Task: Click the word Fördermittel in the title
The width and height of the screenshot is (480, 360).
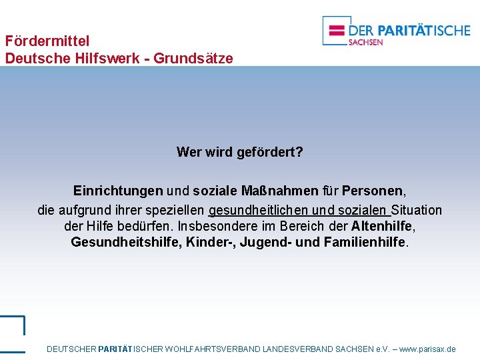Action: (47, 41)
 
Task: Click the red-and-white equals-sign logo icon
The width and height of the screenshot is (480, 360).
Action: (337, 30)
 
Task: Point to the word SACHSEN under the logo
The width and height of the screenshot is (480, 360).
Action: (365, 43)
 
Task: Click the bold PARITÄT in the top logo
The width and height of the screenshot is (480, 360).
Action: (407, 30)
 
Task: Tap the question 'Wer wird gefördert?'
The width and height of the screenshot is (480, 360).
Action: (239, 152)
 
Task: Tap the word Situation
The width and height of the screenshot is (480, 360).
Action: (417, 210)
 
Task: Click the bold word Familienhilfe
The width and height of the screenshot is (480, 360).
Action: (365, 242)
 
